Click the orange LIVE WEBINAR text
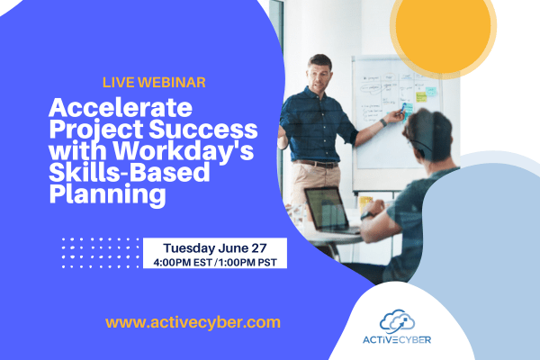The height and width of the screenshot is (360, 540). point(154,82)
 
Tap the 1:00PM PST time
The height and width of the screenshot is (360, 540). point(247,262)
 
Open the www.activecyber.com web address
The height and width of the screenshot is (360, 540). point(193,321)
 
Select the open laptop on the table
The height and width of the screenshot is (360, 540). point(326,211)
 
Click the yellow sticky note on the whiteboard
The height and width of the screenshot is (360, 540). point(421,96)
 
